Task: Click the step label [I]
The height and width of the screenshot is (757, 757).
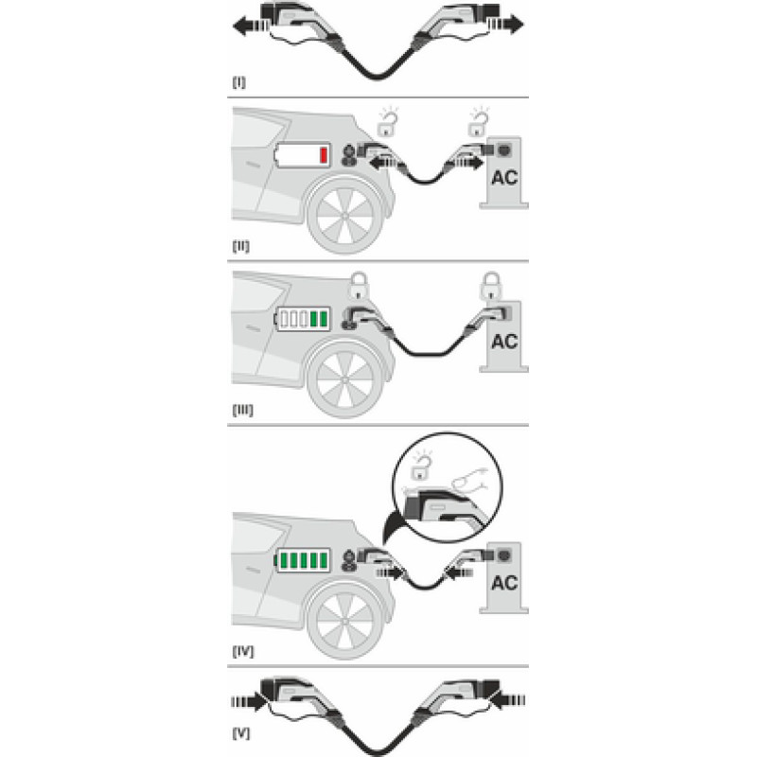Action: pyautogui.click(x=239, y=82)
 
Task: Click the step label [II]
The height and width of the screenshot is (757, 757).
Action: pyautogui.click(x=241, y=246)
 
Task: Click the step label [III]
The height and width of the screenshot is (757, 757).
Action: pyautogui.click(x=243, y=411)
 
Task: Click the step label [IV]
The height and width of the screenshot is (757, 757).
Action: pyautogui.click(x=243, y=652)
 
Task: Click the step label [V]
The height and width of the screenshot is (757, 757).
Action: pyautogui.click(x=241, y=734)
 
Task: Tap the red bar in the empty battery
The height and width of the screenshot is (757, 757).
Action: pyautogui.click(x=324, y=155)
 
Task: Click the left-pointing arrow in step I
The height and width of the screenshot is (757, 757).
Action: pyautogui.click(x=250, y=26)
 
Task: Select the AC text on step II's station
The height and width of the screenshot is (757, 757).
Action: pyautogui.click(x=504, y=178)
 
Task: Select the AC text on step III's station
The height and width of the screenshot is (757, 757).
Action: pyautogui.click(x=504, y=342)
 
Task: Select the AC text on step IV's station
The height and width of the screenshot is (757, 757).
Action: pyautogui.click(x=504, y=583)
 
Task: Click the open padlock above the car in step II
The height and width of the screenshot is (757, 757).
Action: pyautogui.click(x=388, y=122)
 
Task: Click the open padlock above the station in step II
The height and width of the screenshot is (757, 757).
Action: pyautogui.click(x=479, y=122)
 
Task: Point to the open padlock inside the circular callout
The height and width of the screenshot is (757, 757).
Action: pyautogui.click(x=421, y=467)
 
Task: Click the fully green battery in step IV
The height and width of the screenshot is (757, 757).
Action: pyautogui.click(x=303, y=560)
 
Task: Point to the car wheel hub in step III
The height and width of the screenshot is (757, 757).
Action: pyautogui.click(x=344, y=380)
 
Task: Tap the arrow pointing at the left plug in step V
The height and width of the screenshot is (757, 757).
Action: pyautogui.click(x=249, y=701)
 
